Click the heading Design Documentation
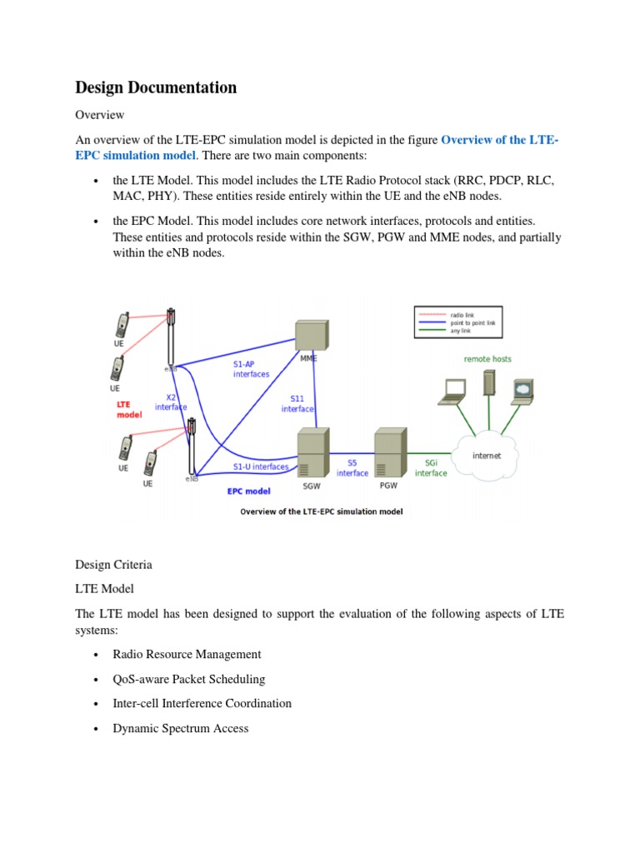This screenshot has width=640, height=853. click(x=156, y=87)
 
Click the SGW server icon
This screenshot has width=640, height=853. click(x=310, y=454)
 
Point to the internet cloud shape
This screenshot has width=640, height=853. click(x=487, y=455)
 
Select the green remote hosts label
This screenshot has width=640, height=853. click(x=487, y=359)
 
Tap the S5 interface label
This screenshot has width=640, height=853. click(x=352, y=467)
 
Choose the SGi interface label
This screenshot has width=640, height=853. click(x=431, y=467)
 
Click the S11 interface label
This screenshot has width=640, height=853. click(x=297, y=403)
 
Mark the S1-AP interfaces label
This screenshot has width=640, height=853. click(x=251, y=369)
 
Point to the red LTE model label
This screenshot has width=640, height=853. click(x=129, y=409)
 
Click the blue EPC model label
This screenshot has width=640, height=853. click(x=249, y=491)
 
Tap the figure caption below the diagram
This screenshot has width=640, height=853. click(x=321, y=511)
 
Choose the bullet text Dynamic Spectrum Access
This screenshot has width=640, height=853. click(x=180, y=728)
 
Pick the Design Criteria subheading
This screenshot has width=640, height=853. click(x=113, y=564)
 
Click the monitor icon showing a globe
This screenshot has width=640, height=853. click(x=522, y=388)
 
